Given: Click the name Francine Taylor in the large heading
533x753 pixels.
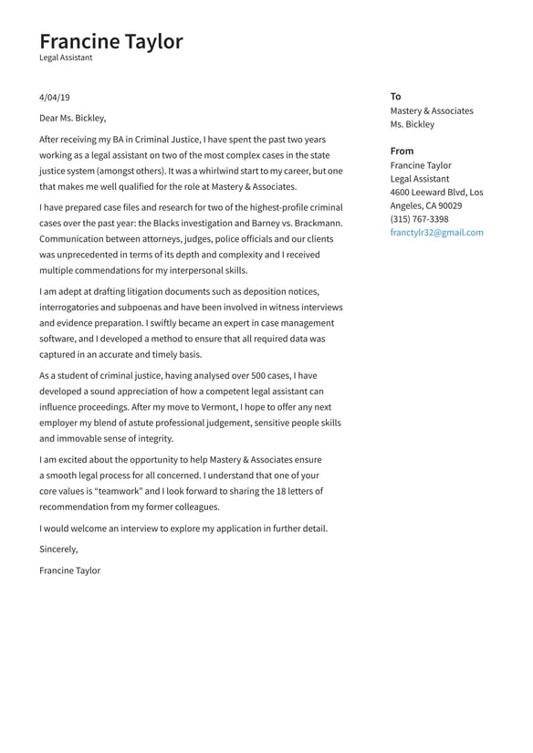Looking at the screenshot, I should pos(110,41).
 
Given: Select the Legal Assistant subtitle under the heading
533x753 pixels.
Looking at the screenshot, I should pos(66,58).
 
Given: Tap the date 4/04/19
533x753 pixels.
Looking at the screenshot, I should pos(54,97).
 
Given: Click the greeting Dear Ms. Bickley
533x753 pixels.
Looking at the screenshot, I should pos(73,118).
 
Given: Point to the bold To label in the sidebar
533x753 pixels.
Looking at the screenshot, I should pos(395,96).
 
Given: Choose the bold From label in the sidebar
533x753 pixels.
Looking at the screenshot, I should pos(402,151).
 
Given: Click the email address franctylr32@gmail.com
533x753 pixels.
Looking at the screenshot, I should pos(436,233).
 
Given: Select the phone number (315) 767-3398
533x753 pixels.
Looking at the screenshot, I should pos(419,219).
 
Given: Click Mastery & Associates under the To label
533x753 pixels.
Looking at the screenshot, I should pos(432,110).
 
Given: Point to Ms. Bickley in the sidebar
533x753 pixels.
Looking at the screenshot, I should pos(412,124).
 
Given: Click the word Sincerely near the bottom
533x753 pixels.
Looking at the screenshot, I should pos(58,549).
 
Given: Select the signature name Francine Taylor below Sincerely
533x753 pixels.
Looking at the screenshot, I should pos(69,570).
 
